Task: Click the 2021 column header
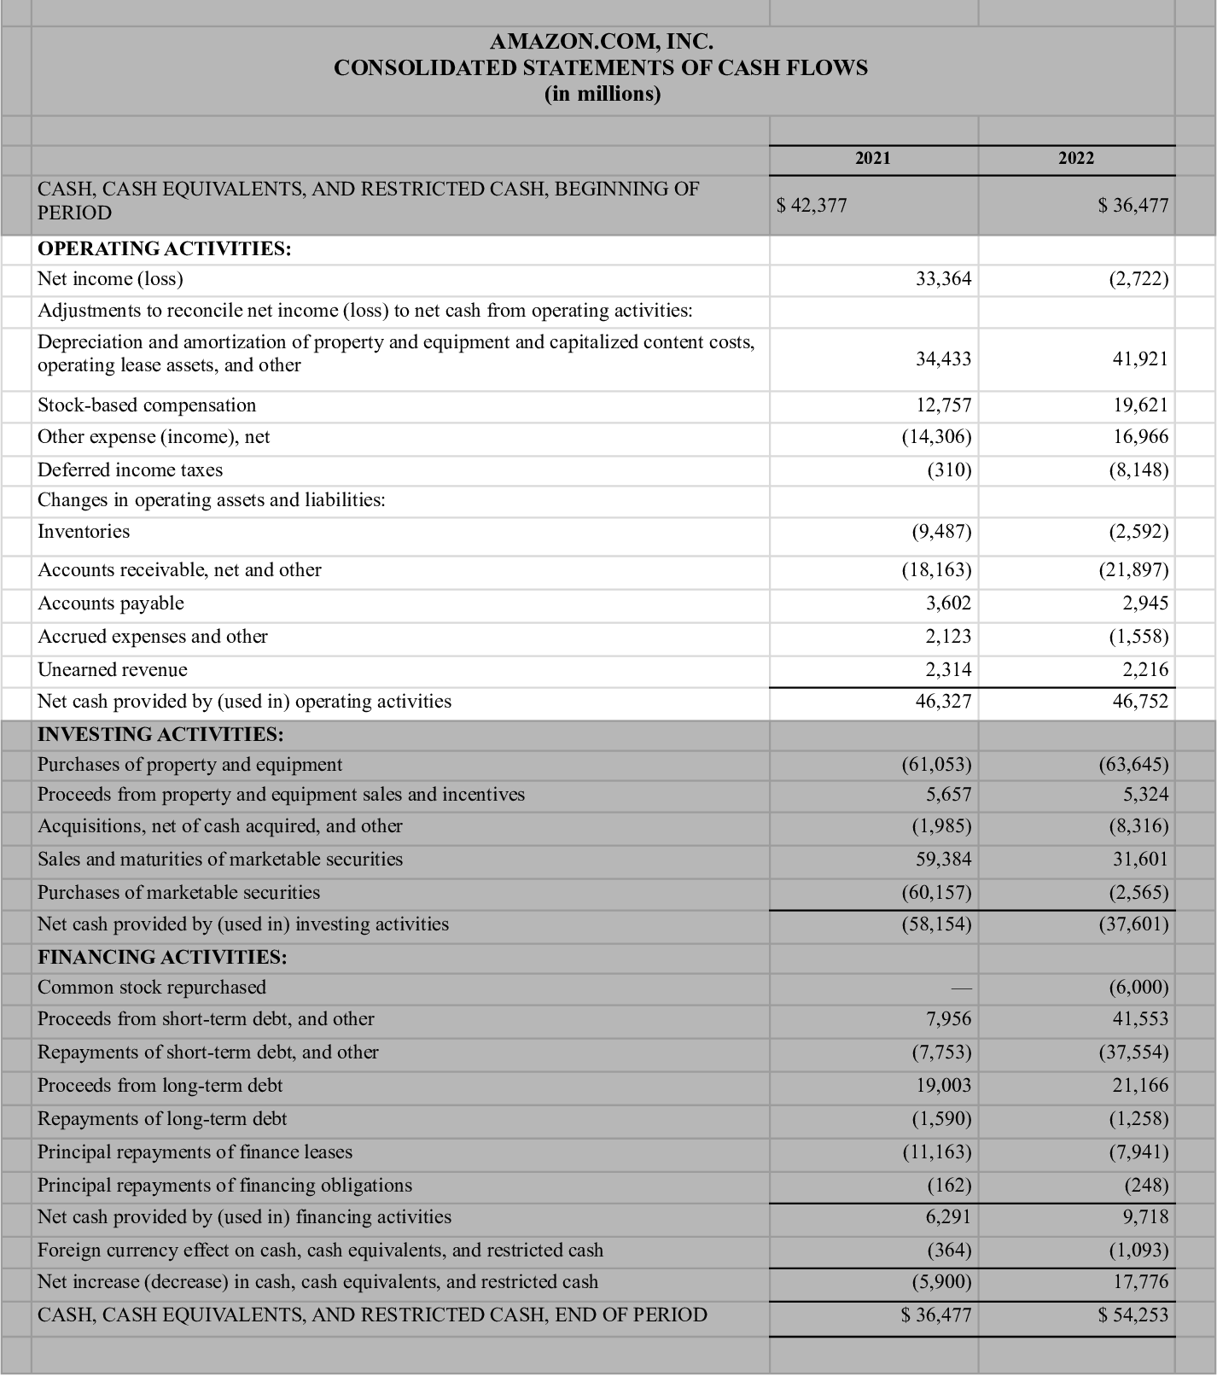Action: tap(872, 158)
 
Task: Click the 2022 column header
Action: tap(1075, 158)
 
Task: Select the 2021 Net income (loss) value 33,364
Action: tap(943, 279)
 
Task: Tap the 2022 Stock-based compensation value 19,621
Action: tap(1140, 405)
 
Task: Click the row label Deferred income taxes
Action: tap(130, 469)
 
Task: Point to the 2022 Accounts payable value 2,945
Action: tap(1145, 603)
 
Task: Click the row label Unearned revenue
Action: tap(112, 669)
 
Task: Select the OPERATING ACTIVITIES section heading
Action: tap(165, 249)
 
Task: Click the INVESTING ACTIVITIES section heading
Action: tap(160, 734)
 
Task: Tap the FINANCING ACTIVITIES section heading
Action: tap(162, 957)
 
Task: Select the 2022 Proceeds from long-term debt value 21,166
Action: tap(1140, 1086)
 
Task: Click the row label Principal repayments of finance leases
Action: tap(195, 1152)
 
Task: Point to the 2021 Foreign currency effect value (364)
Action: tap(949, 1251)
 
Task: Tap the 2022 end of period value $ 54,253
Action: tap(1133, 1315)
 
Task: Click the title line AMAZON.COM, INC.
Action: tap(601, 41)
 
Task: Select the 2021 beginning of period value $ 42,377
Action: tap(811, 205)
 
